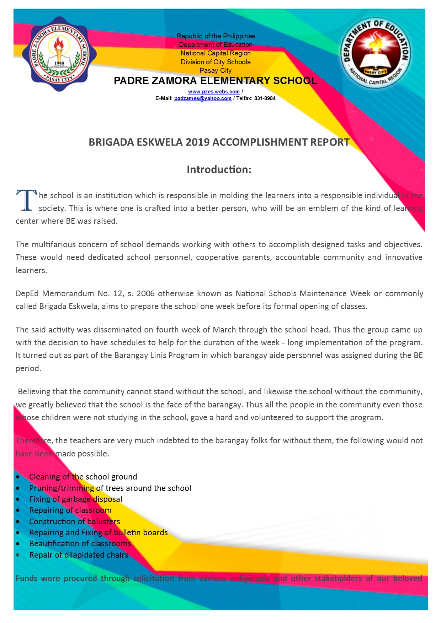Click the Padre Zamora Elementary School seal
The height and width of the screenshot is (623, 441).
(x=59, y=54)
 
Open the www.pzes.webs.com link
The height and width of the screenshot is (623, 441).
(x=214, y=92)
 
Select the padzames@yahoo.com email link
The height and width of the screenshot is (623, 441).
(x=203, y=98)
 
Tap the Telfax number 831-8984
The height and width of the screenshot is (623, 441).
(x=265, y=98)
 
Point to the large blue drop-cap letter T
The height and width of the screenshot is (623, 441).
(x=26, y=201)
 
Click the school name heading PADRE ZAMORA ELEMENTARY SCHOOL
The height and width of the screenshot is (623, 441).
(x=215, y=81)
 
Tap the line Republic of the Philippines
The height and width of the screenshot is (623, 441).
(x=216, y=36)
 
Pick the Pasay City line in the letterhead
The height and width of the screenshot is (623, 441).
(x=216, y=71)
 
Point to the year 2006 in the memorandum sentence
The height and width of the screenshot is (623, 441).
(x=145, y=293)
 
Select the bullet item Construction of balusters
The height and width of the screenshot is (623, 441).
(x=74, y=521)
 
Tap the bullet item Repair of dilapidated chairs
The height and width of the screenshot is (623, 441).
(x=79, y=555)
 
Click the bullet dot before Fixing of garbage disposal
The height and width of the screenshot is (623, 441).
(x=18, y=499)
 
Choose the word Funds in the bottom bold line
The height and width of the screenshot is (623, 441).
(x=26, y=578)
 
